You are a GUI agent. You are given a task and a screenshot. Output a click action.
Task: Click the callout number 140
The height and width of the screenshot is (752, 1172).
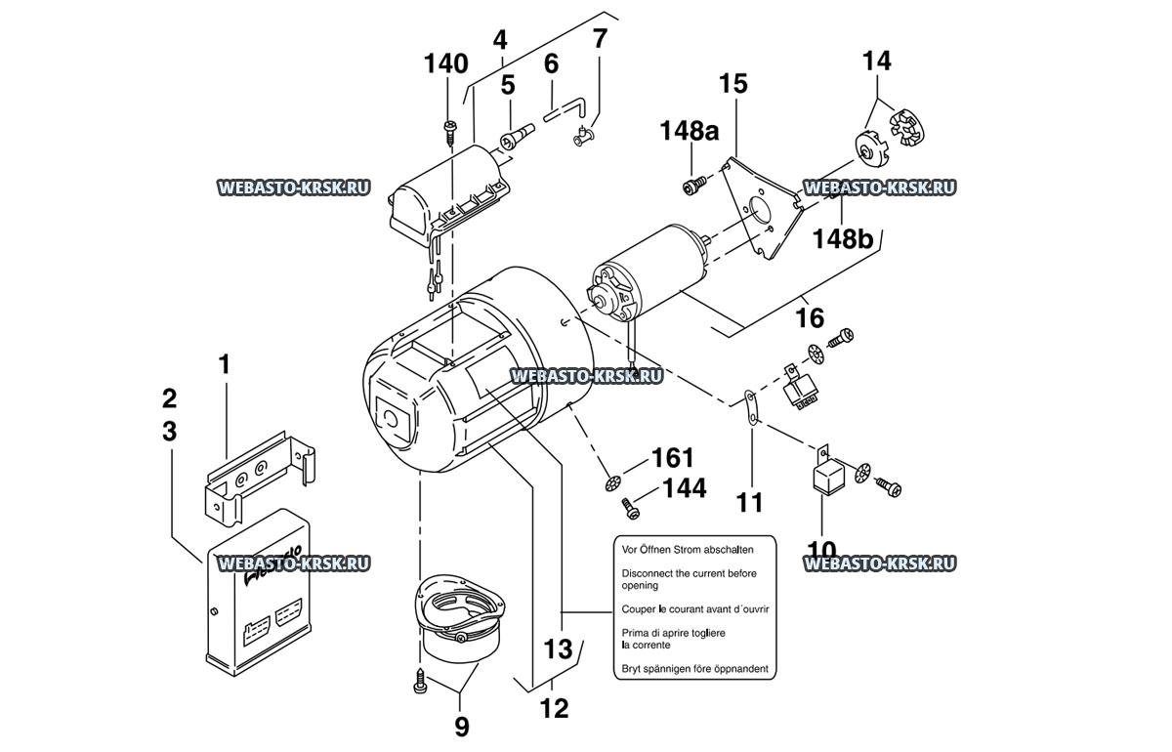(x=445, y=65)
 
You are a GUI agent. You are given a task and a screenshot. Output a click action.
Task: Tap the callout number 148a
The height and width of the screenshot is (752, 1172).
(x=693, y=129)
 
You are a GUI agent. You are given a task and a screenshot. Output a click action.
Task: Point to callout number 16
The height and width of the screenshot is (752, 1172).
(x=810, y=317)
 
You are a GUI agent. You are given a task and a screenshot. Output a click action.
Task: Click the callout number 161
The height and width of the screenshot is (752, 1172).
(x=672, y=458)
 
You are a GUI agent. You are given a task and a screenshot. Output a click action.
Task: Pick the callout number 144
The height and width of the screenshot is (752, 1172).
(x=684, y=488)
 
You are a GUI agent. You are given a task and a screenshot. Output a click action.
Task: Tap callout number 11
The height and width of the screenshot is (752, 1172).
(x=749, y=503)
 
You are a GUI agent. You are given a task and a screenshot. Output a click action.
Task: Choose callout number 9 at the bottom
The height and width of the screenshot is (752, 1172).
(x=460, y=727)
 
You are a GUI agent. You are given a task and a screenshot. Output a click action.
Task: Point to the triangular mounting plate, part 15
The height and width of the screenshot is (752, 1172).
(x=757, y=210)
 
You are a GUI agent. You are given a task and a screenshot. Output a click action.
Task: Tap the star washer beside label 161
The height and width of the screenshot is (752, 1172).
(x=613, y=481)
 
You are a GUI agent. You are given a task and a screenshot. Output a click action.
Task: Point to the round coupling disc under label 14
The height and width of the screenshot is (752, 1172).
(x=867, y=147)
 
